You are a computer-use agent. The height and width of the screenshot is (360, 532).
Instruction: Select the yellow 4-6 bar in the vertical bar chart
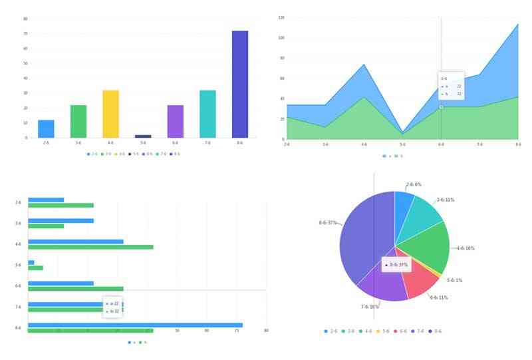point(110,114)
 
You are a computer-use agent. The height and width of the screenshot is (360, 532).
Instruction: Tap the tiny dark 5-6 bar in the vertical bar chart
point(143,136)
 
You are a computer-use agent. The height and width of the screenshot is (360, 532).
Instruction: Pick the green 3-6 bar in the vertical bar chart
point(78,121)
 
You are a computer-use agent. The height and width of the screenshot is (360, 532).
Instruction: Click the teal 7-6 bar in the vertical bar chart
point(207,114)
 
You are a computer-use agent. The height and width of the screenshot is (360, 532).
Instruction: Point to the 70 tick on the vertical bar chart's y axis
point(25,33)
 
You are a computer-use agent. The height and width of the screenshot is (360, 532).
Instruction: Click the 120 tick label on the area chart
point(281,17)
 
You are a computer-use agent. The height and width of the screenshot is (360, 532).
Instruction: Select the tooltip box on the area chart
point(451,86)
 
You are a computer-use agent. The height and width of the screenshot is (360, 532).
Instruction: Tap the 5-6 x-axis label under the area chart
point(402,144)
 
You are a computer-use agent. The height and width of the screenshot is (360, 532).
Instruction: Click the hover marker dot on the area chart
point(441,106)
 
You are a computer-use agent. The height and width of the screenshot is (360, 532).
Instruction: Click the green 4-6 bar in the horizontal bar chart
point(90,247)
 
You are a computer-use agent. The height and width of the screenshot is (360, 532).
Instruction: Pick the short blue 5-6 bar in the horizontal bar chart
point(31,262)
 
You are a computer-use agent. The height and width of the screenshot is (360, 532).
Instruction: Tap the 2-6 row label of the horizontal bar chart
point(18,202)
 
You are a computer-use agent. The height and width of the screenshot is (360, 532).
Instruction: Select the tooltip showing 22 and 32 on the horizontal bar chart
point(113,307)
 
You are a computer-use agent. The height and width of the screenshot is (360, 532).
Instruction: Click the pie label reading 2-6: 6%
point(414,184)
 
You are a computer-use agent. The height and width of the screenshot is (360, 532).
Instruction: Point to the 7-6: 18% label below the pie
point(370,307)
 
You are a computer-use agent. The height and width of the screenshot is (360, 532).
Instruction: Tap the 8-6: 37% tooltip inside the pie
point(396,265)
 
